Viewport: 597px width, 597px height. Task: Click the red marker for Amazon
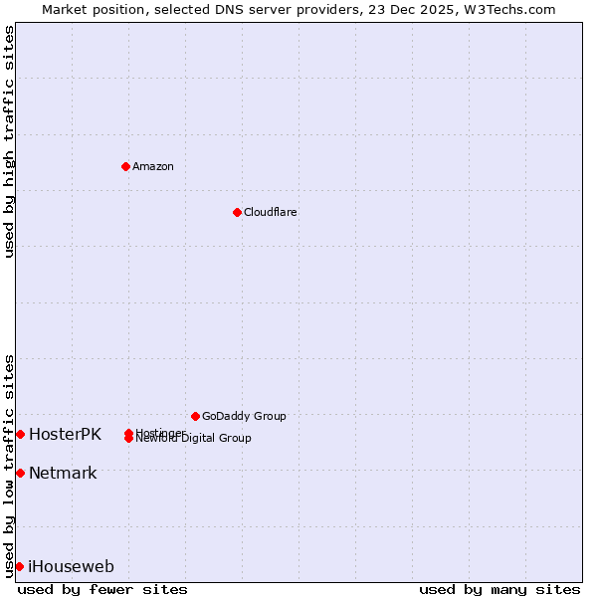pyautogui.click(x=125, y=166)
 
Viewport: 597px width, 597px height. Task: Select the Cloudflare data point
pyautogui.click(x=237, y=212)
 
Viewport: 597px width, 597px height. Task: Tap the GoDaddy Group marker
pyautogui.click(x=195, y=416)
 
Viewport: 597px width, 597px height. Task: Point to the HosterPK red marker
pyautogui.click(x=20, y=434)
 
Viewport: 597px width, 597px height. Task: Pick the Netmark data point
pyautogui.click(x=20, y=473)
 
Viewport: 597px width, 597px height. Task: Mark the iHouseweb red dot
pyautogui.click(x=20, y=566)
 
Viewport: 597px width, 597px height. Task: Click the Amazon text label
pyautogui.click(x=153, y=166)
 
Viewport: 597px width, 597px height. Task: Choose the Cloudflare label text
pyautogui.click(x=271, y=212)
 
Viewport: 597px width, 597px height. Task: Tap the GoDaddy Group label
pyautogui.click(x=244, y=416)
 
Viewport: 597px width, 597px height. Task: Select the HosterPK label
pyautogui.click(x=65, y=434)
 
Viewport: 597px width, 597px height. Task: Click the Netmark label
pyautogui.click(x=63, y=473)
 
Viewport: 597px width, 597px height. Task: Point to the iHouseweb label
pyautogui.click(x=71, y=567)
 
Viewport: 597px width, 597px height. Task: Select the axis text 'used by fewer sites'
pyautogui.click(x=102, y=589)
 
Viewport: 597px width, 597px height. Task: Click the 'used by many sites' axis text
pyautogui.click(x=499, y=589)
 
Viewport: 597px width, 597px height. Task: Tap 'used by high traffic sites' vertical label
pyautogui.click(x=9, y=141)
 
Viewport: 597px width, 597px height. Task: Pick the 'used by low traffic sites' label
pyautogui.click(x=9, y=465)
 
